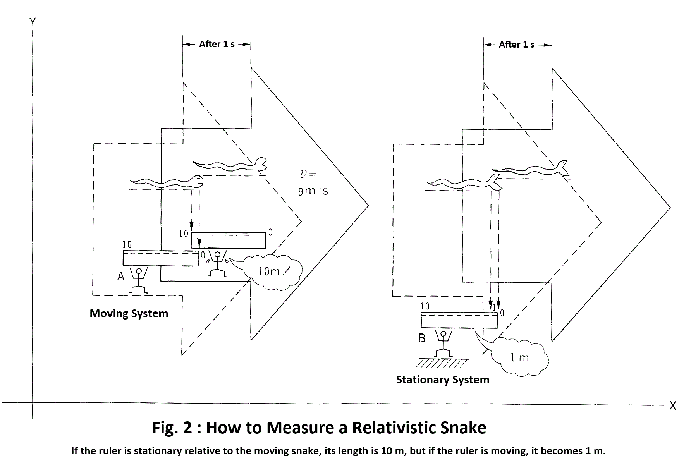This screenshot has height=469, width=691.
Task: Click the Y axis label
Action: pos(33,22)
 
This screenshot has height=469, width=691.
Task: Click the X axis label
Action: pos(672,406)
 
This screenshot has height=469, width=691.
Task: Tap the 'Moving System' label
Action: pos(129,313)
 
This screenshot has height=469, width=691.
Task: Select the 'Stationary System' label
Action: pos(442,380)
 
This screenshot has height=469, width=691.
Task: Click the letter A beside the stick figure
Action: pos(121,276)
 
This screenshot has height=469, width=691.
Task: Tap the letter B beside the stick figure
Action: pos(422,338)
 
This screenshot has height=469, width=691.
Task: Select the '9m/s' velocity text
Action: pos(313,191)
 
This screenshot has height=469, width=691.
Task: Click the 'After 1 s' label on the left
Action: pos(217,44)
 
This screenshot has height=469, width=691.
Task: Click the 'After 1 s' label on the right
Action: pos(516,45)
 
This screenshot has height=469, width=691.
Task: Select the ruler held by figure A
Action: pos(161,258)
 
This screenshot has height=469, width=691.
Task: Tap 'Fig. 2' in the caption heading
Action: pos(172,428)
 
